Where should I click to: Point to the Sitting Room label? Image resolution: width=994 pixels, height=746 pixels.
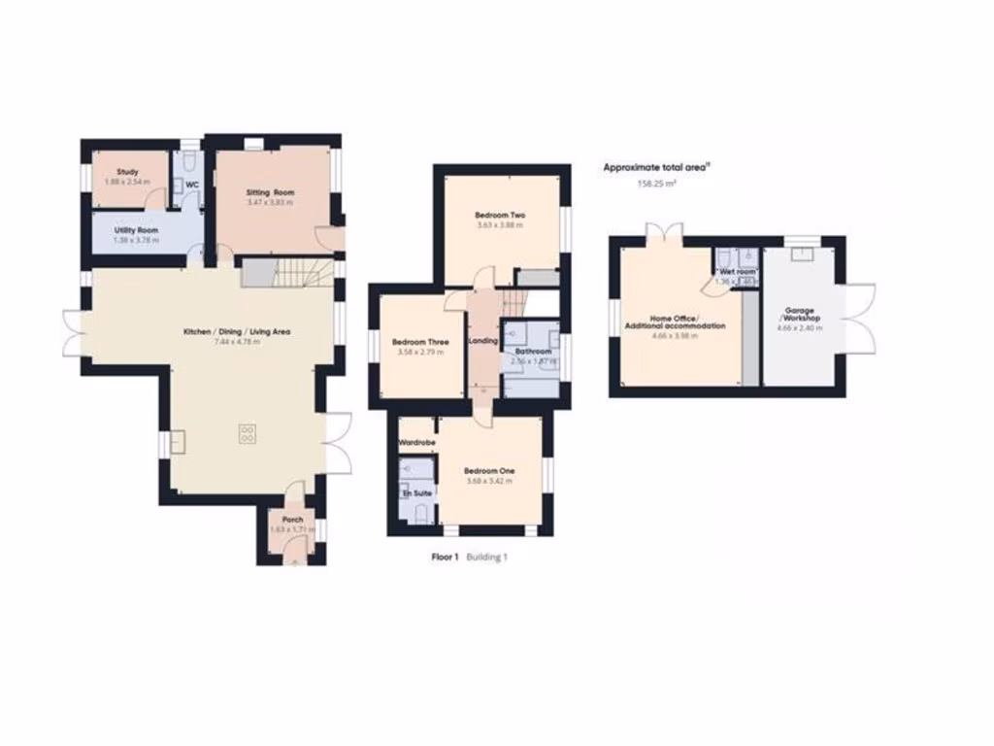[x=270, y=192]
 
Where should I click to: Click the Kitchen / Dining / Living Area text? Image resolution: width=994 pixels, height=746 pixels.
[x=237, y=332]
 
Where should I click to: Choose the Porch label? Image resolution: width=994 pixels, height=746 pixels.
[x=291, y=520]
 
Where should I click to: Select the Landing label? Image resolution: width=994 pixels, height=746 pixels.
[x=482, y=341]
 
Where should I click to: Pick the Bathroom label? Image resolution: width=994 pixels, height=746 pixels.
[x=533, y=352]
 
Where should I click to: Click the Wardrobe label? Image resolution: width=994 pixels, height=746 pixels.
[x=416, y=443]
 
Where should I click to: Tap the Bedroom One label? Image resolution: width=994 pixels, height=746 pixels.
[x=489, y=471]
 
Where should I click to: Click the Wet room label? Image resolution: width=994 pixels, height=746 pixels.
[x=735, y=271]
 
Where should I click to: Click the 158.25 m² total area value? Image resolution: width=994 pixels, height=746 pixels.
[x=656, y=183]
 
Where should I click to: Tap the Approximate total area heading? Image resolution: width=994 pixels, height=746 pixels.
[x=656, y=167]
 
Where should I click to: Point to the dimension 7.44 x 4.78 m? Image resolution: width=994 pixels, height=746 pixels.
[x=237, y=342]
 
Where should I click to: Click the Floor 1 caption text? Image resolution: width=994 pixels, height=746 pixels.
[x=445, y=558]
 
